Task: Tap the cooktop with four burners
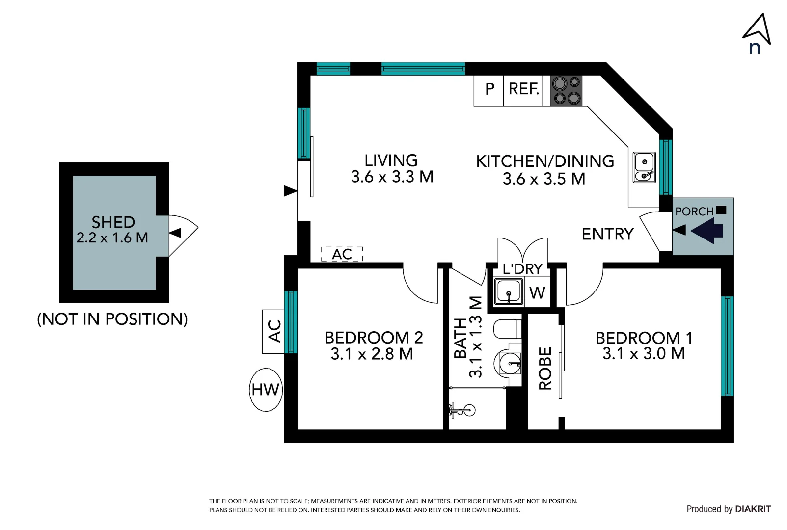click(x=566, y=91)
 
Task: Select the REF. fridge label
click(x=523, y=89)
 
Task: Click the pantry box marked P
click(x=489, y=90)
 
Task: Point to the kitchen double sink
click(x=644, y=167)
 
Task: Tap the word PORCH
click(x=694, y=212)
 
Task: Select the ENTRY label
click(x=607, y=234)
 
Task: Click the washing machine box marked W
click(x=537, y=293)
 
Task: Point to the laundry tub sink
click(x=509, y=291)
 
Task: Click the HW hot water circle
click(x=266, y=390)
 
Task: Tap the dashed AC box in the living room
click(x=342, y=254)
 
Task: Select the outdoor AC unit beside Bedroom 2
click(x=273, y=331)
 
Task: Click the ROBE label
click(x=545, y=368)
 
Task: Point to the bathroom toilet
click(x=507, y=329)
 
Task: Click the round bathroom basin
click(x=511, y=363)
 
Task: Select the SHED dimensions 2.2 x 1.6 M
click(x=112, y=238)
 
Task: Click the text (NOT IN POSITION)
click(x=112, y=319)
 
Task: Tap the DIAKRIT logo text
click(x=753, y=509)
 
